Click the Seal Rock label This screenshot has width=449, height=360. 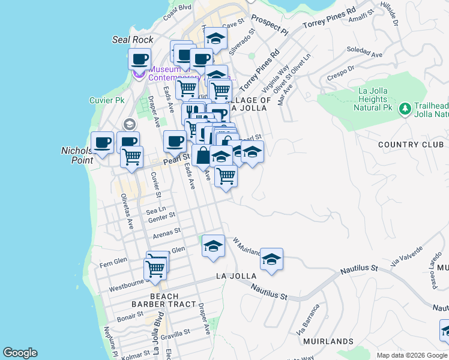point(133,40)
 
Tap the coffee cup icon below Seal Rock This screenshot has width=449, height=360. point(139,60)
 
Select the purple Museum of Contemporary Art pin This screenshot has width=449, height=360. point(139,74)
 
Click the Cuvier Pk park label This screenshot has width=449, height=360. point(106,100)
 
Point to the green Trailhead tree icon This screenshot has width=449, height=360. point(405,108)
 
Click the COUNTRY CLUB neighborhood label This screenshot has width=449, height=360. point(411,145)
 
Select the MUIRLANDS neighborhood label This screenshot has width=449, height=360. point(328,341)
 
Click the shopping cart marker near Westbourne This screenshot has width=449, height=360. point(155,269)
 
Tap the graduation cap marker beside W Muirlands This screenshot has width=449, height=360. point(271,260)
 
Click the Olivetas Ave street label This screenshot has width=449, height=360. point(127,211)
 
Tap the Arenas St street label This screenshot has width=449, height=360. point(167,232)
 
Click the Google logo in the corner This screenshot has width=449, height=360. point(20,353)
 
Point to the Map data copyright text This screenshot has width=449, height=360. point(412,355)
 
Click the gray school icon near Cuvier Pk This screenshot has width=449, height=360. point(128,124)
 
